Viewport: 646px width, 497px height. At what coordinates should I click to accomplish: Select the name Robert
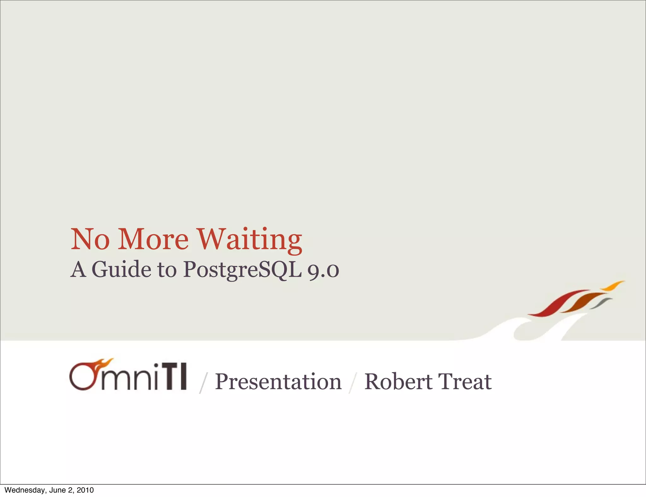[x=398, y=382]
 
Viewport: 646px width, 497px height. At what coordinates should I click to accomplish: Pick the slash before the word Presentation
[x=204, y=383]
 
